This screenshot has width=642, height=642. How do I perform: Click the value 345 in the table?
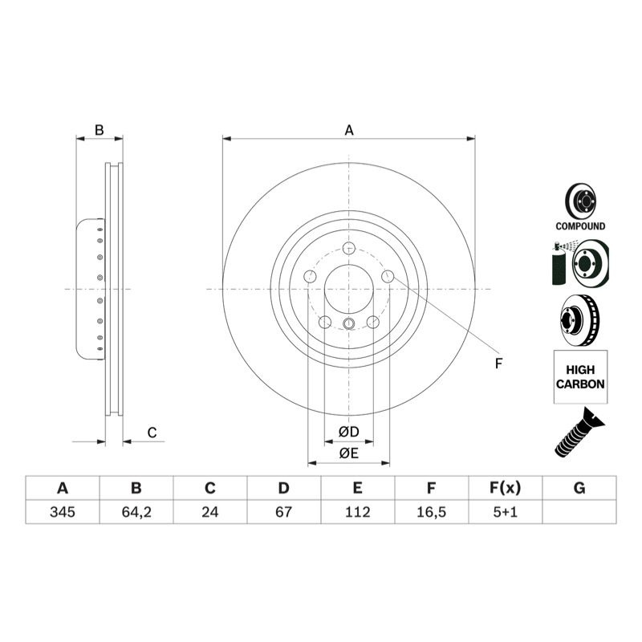click(63, 512)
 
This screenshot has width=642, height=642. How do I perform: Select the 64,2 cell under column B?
click(136, 512)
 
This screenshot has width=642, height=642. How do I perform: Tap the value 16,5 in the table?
click(431, 512)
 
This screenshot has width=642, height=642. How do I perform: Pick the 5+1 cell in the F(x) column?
click(506, 512)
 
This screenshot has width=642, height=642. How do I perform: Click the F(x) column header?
click(506, 488)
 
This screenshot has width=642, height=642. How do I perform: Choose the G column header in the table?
click(579, 488)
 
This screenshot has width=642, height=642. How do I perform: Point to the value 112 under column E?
click(357, 512)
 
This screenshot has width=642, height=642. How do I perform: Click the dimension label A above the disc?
click(349, 130)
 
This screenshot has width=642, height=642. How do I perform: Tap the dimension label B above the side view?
click(99, 130)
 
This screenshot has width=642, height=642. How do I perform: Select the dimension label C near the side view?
click(152, 433)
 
